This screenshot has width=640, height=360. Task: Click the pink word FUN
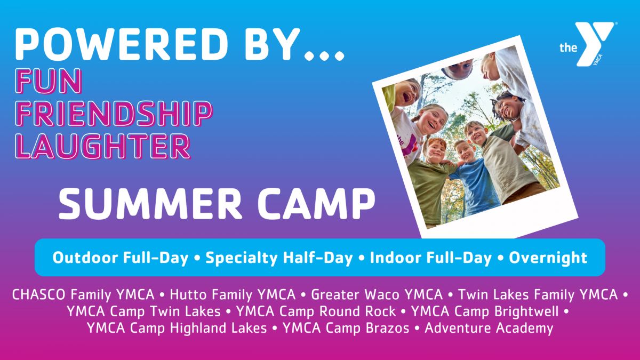(x=49, y=81)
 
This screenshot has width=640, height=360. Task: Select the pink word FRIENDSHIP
(x=114, y=114)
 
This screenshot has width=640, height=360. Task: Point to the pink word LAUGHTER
(x=103, y=146)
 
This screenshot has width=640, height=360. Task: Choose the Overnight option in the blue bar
(x=548, y=258)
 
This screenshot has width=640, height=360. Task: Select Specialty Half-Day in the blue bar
(x=279, y=258)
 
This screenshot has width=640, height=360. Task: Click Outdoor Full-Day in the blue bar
(x=121, y=258)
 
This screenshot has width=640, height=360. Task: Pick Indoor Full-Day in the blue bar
(x=430, y=258)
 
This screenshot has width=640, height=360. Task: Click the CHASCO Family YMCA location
(x=83, y=294)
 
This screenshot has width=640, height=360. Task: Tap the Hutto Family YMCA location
(x=233, y=294)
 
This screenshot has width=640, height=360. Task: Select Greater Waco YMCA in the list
(x=377, y=294)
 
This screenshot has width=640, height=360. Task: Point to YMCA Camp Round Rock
(x=316, y=311)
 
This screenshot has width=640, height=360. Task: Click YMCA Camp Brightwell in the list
(x=485, y=311)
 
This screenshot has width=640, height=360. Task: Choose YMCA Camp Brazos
(x=346, y=328)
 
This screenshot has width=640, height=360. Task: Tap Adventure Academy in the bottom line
(x=489, y=328)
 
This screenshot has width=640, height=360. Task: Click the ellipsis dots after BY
(x=324, y=55)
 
